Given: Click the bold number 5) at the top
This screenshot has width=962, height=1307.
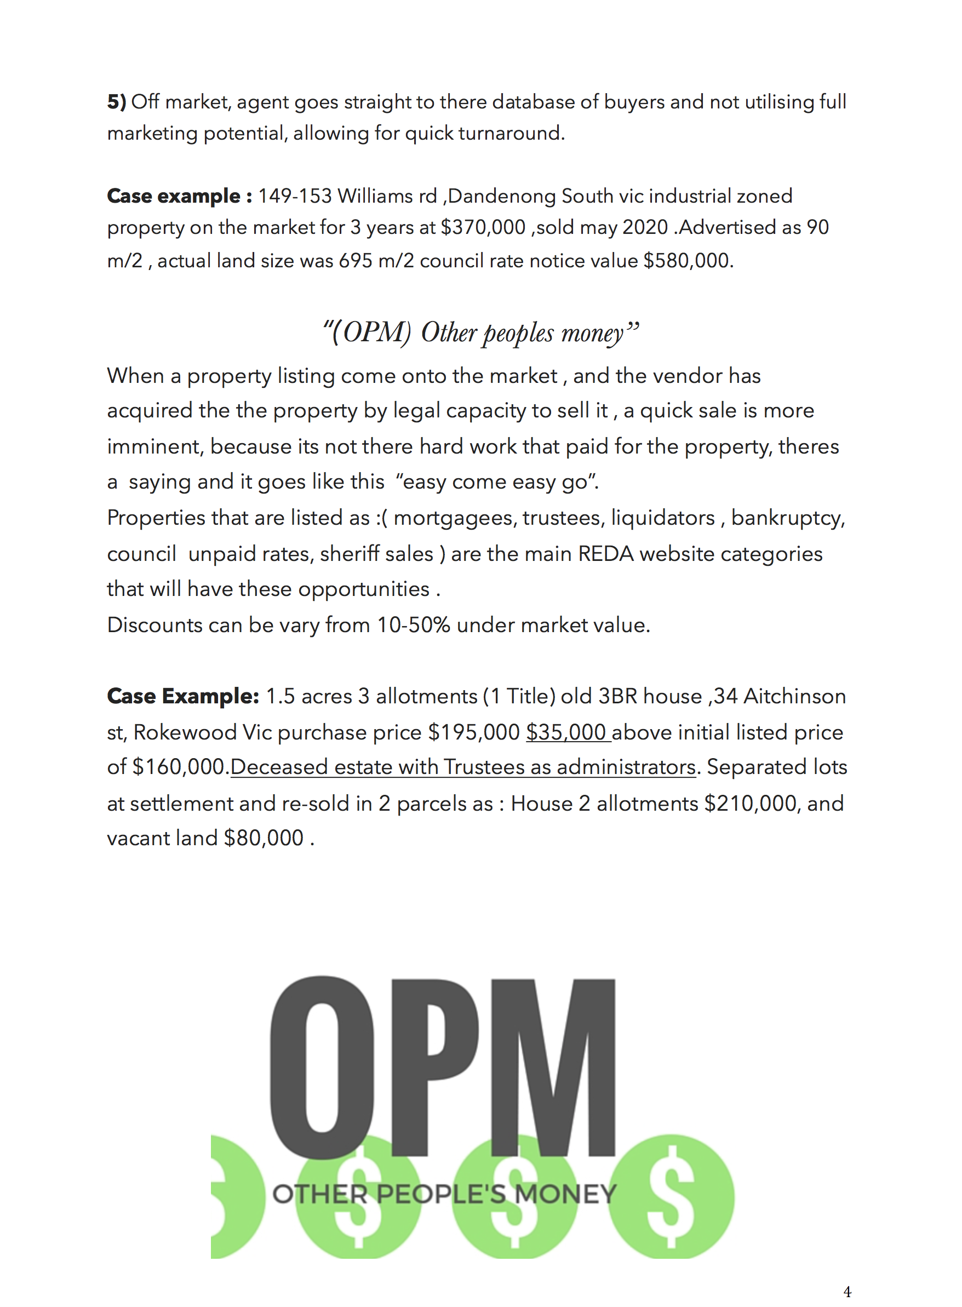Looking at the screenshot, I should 117,102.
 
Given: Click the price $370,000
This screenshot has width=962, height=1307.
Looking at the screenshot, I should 483,227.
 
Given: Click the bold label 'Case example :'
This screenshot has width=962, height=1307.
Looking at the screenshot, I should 179,196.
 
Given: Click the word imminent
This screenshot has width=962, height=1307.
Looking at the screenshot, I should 154,446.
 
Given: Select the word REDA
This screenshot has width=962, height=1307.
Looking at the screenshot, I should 605,554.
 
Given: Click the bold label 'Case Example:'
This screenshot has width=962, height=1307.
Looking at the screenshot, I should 183,696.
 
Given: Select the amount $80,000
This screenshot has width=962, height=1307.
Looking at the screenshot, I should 264,838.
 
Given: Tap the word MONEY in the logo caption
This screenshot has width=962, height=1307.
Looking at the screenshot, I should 565,1194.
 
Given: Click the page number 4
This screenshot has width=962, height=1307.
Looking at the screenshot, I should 848,1292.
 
